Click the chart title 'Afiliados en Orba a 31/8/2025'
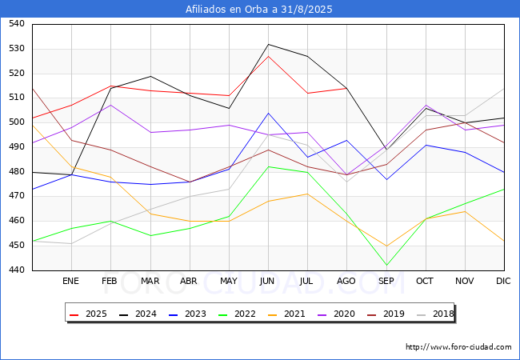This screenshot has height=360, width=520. [259, 10]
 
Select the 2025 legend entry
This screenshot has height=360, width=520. [90, 314]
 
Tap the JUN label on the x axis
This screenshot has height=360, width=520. [268, 282]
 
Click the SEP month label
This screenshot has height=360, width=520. [386, 282]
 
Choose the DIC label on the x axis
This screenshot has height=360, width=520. [503, 282]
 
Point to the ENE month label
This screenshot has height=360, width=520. [71, 282]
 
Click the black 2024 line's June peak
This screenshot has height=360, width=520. [268, 44]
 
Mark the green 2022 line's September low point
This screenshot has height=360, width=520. [386, 266]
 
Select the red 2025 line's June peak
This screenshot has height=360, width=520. [268, 56]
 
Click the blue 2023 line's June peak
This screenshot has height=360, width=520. [268, 113]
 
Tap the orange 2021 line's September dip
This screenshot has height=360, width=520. [386, 246]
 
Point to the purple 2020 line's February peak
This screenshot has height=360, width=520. [110, 105]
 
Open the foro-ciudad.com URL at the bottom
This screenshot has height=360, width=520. [458, 347]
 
